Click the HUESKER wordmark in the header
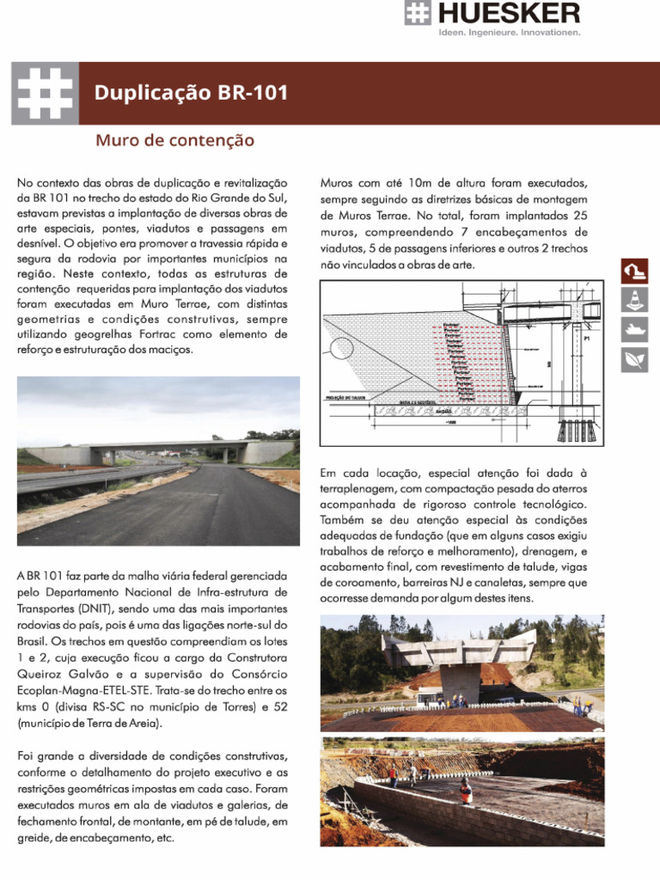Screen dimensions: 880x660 [x=508, y=13]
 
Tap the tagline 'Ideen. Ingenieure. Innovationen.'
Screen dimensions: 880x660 [x=509, y=33]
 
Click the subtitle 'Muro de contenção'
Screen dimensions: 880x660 [x=174, y=139]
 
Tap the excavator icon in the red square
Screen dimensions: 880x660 [x=634, y=272]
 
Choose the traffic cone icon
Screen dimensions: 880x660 [x=634, y=300]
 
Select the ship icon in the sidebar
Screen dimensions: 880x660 [x=634, y=329]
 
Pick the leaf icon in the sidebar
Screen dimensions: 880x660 [x=634, y=358]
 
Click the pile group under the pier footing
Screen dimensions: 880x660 [x=574, y=430]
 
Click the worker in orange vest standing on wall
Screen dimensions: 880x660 [x=465, y=789]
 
